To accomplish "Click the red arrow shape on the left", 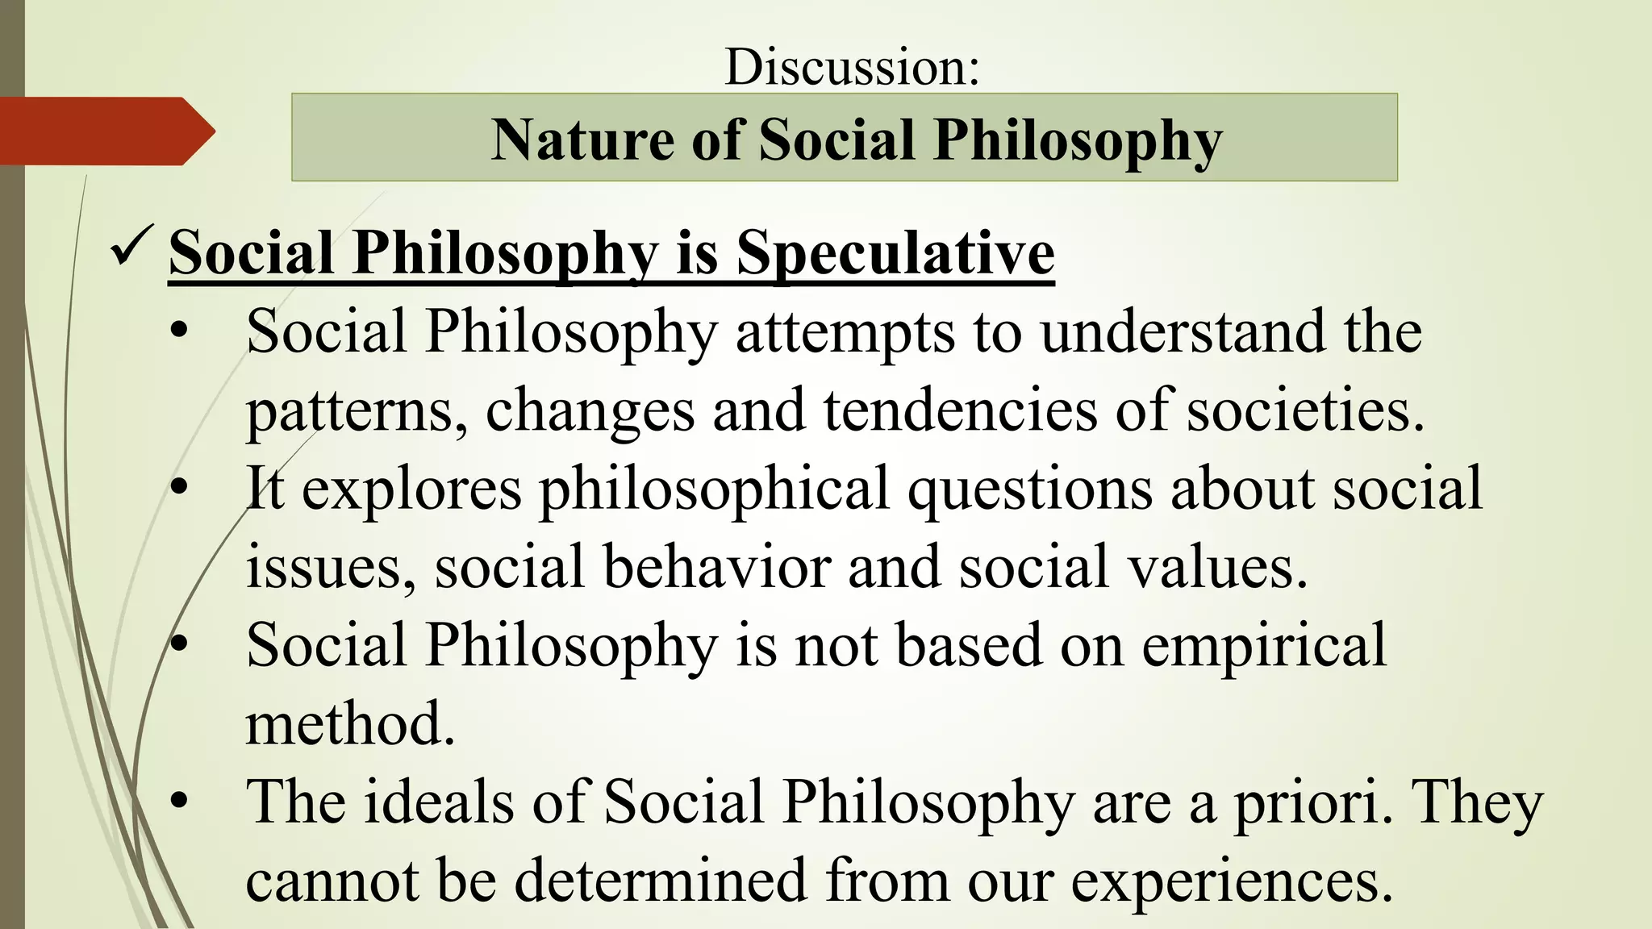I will (x=105, y=131).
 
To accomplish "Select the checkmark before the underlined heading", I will (x=129, y=248).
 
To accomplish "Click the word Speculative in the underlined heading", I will (x=895, y=253).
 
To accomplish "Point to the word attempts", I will (x=844, y=333).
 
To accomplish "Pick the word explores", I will (x=411, y=489).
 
